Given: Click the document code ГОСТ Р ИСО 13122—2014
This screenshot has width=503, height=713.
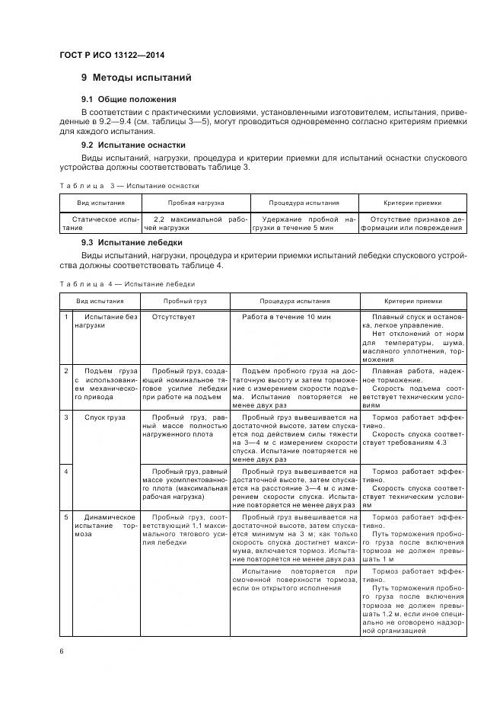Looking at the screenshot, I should pos(111,56).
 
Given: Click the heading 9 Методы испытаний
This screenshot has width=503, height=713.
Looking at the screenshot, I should pos(136,78).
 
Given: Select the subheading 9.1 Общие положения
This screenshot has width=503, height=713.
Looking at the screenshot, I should pos(129,100).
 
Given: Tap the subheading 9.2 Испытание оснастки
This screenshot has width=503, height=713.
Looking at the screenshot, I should pos(133,145).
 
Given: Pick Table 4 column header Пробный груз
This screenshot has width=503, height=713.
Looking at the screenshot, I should pos(186,301).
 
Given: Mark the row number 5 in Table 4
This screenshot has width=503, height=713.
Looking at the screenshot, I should pos(66,517).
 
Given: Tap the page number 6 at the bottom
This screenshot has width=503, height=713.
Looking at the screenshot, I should pos(62,651).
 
